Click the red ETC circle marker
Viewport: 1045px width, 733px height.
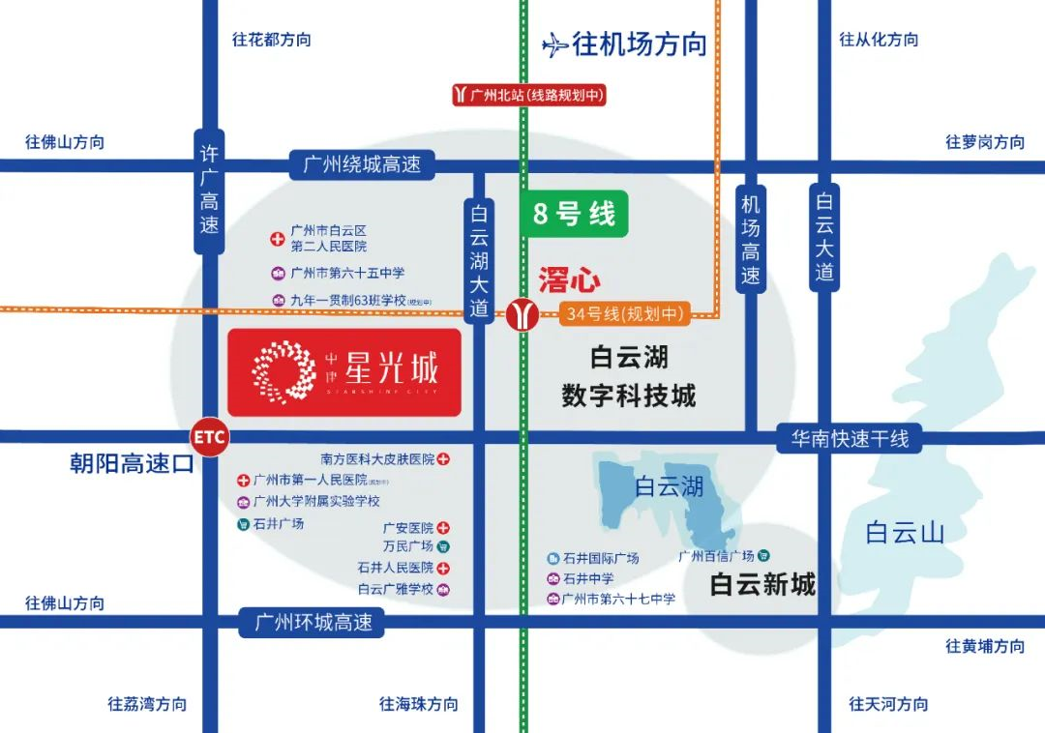pos(209,437)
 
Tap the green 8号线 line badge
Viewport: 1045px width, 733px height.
pos(574,214)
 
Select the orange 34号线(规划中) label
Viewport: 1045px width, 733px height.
pos(625,313)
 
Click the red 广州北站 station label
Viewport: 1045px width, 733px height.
pos(528,95)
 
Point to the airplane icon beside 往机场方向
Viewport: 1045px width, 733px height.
pos(554,44)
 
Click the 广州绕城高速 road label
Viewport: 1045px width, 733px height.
pos(362,164)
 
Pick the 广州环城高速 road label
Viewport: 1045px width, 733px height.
pos(313,622)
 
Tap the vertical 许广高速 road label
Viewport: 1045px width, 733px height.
pos(209,191)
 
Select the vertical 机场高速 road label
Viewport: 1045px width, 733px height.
pos(751,238)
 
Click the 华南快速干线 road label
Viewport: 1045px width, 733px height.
pos(850,438)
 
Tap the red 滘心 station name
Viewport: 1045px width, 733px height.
pos(568,281)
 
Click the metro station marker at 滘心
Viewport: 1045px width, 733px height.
pos(522,315)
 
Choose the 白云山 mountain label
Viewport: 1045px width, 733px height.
pos(904,532)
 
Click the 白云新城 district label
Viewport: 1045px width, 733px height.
pos(762,584)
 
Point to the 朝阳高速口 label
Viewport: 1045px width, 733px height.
pos(132,464)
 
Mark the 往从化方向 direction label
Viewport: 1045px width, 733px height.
pos(879,40)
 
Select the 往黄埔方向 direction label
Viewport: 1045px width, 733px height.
pos(985,646)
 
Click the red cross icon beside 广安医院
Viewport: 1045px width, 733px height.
pos(443,528)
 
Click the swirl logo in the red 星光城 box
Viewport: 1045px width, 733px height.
pos(284,370)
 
